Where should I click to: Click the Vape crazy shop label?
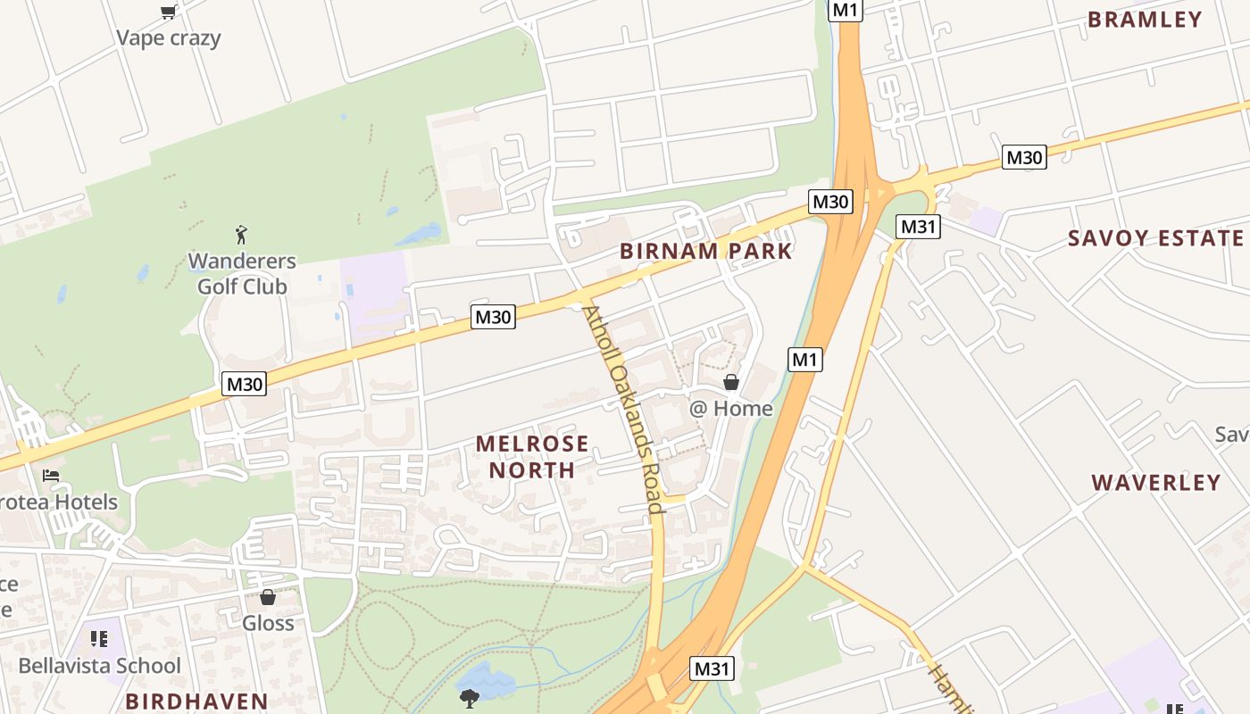coord(169,37)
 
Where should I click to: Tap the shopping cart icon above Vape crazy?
coord(168,12)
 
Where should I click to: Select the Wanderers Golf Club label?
coord(242,274)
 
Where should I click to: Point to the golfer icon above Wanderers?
coord(241,236)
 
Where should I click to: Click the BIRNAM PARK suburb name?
coord(706,251)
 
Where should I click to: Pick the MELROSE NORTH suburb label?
coord(532,456)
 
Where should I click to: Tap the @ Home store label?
coord(730,409)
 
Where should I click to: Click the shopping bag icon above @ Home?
coord(731,382)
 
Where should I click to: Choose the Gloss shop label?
coord(268,623)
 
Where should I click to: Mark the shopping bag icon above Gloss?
coord(268,597)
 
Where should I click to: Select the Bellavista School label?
coord(99,666)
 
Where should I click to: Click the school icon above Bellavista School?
coord(98,639)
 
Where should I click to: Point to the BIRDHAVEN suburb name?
coord(196,702)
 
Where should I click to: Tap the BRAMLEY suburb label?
coord(1145,20)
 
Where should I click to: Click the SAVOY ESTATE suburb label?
coord(1155,238)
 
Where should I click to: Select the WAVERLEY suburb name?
coord(1156,483)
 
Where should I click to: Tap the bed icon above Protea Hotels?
coord(51,475)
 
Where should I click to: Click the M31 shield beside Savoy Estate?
coord(918,227)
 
